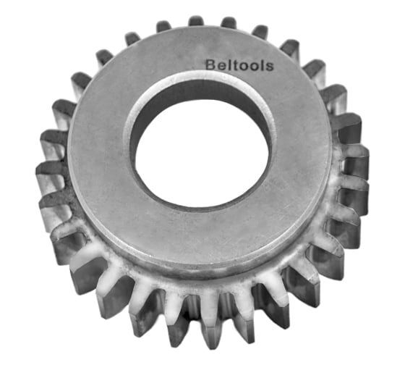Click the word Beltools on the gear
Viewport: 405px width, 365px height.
239,64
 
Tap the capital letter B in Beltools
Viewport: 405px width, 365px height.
211,64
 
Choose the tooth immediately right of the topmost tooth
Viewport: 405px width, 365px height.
228,23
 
